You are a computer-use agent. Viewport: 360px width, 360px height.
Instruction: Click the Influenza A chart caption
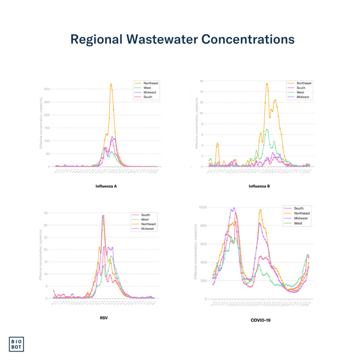click(x=105, y=186)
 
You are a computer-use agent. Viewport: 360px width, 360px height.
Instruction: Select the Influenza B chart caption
click(x=259, y=186)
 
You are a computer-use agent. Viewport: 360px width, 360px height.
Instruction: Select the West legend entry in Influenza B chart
click(x=300, y=92)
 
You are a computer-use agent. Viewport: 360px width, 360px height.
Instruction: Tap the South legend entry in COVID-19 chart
click(x=299, y=208)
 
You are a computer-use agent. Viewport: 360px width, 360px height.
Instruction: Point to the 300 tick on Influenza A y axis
click(x=47, y=89)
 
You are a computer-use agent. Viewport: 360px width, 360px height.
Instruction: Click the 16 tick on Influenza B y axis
click(x=201, y=81)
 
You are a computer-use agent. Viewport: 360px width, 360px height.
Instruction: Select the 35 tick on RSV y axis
click(x=47, y=213)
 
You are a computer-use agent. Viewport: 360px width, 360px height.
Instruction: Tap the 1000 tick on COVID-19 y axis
click(x=202, y=207)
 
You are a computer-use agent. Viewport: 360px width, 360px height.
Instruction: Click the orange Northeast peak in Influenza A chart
click(x=111, y=84)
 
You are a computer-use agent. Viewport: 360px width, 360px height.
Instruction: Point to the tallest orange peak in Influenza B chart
click(x=267, y=83)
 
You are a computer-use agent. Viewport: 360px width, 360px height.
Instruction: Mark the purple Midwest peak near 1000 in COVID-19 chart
click(x=233, y=208)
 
